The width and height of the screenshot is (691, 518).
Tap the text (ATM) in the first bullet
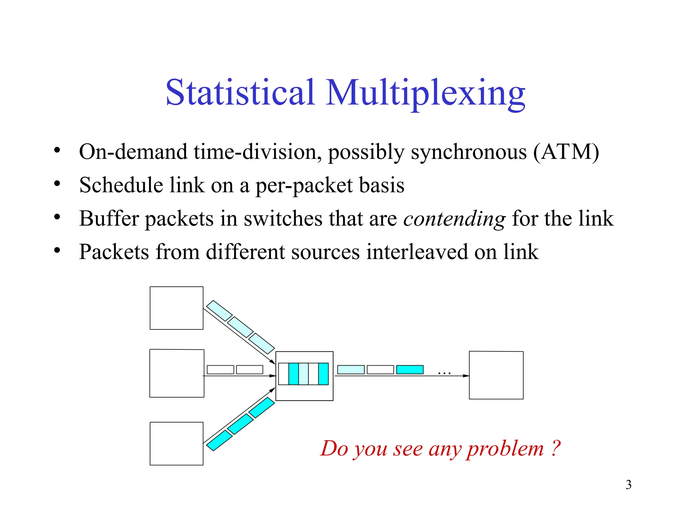pyautogui.click(x=566, y=152)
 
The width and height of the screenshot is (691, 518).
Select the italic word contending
pyautogui.click(x=454, y=219)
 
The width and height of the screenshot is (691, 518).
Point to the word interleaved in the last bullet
pyautogui.click(x=417, y=252)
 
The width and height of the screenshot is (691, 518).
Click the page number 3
pyautogui.click(x=628, y=485)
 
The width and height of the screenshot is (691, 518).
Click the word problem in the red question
pyautogui.click(x=505, y=449)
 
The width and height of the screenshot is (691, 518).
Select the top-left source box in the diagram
pyautogui.click(x=176, y=308)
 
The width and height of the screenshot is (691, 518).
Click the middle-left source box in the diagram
pyautogui.click(x=177, y=373)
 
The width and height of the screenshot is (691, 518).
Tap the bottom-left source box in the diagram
pyautogui.click(x=176, y=443)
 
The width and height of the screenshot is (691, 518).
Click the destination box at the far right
pyautogui.click(x=496, y=375)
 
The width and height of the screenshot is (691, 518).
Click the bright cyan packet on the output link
pyautogui.click(x=410, y=370)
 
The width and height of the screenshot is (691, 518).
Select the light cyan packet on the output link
pyautogui.click(x=351, y=370)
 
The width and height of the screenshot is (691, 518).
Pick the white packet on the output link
pyautogui.click(x=380, y=370)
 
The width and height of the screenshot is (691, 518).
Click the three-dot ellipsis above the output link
pyautogui.click(x=444, y=373)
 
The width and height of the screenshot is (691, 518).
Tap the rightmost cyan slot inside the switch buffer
pyautogui.click(x=323, y=374)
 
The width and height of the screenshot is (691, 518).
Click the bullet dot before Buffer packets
pyautogui.click(x=57, y=217)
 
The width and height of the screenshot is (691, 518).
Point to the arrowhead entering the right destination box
pyautogui.click(x=466, y=376)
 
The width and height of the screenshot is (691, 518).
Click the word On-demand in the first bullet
pyautogui.click(x=133, y=152)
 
